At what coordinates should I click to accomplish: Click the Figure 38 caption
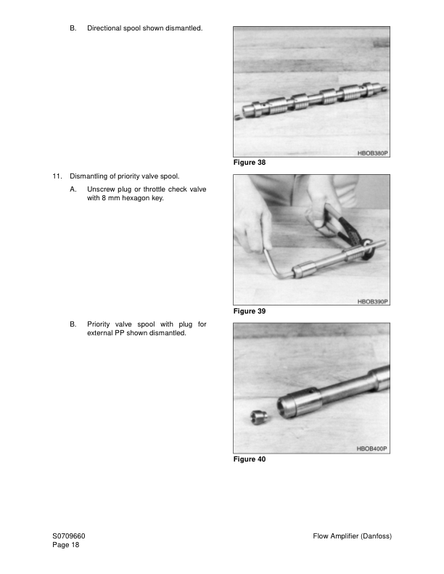tap(250, 163)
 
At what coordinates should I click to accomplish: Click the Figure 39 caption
tap(250, 311)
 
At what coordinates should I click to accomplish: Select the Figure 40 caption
tap(250, 459)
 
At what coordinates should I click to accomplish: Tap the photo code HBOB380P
tap(372, 154)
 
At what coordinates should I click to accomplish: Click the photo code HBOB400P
tap(372, 449)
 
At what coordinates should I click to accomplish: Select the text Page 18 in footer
tap(65, 545)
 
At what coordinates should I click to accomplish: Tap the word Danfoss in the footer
tap(373, 536)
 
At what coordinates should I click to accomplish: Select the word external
tap(102, 333)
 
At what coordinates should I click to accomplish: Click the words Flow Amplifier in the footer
tap(334, 536)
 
